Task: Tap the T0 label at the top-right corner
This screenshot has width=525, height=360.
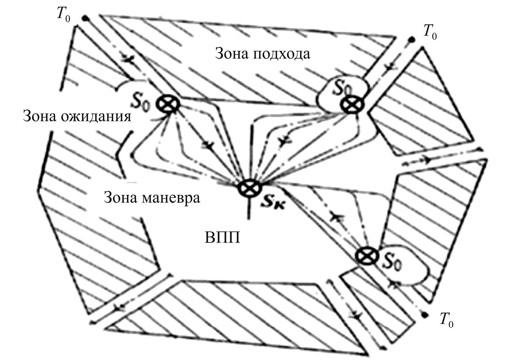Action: [430, 32]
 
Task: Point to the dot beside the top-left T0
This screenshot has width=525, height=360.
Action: [86, 18]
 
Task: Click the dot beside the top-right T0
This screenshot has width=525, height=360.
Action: [411, 39]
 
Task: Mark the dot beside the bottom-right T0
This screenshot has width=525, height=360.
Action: [424, 315]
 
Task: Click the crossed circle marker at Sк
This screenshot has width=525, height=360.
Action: [247, 187]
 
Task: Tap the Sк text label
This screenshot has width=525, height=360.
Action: [273, 200]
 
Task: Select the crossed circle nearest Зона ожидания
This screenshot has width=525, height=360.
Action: [166, 104]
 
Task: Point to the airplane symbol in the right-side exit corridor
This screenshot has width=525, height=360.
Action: [427, 159]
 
